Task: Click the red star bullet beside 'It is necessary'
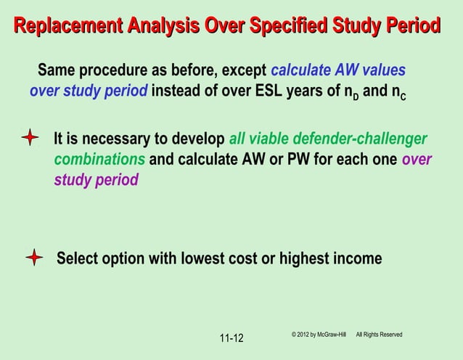coord(30,139)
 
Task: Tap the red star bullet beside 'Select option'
coord(34,258)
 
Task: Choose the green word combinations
coord(99,159)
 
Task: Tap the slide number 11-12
coord(231,338)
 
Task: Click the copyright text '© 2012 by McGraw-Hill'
coord(319,334)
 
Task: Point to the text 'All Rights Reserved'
coord(379,334)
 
